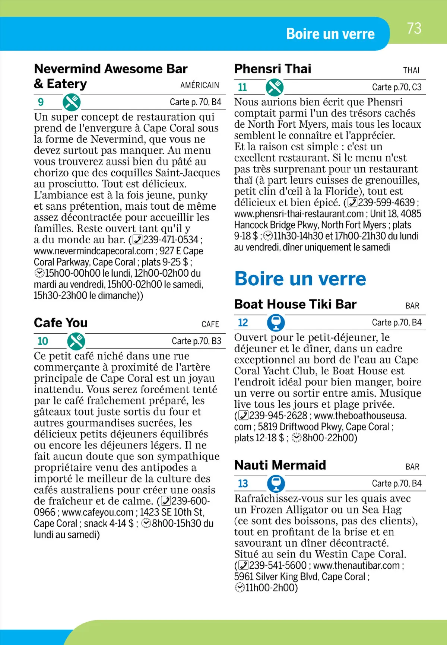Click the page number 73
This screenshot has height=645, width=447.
click(x=414, y=29)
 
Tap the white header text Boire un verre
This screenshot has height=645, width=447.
click(x=330, y=34)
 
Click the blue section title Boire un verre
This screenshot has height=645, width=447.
click(x=300, y=279)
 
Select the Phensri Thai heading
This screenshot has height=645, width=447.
click(x=273, y=69)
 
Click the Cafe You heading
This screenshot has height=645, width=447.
click(x=61, y=322)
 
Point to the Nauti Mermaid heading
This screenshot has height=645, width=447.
click(x=280, y=465)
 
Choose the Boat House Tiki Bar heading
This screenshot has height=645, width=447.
click(x=295, y=304)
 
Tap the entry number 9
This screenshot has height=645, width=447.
click(x=41, y=102)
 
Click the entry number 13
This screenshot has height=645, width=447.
click(x=243, y=483)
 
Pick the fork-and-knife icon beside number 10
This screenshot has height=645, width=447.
click(x=76, y=341)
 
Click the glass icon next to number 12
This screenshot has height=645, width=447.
click(x=276, y=322)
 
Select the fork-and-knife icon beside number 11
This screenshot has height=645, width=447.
click(x=275, y=87)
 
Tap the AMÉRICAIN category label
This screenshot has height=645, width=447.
click(x=200, y=85)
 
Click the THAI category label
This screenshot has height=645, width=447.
click(x=411, y=70)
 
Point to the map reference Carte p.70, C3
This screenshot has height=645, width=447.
click(x=397, y=87)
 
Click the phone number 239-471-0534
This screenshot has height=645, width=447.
click(x=171, y=240)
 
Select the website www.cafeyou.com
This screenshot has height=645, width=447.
click(x=98, y=512)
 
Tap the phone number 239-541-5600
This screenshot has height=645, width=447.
click(x=278, y=565)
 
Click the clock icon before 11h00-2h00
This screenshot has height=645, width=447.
click(x=240, y=588)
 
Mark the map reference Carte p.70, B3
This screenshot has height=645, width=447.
click(x=196, y=341)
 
